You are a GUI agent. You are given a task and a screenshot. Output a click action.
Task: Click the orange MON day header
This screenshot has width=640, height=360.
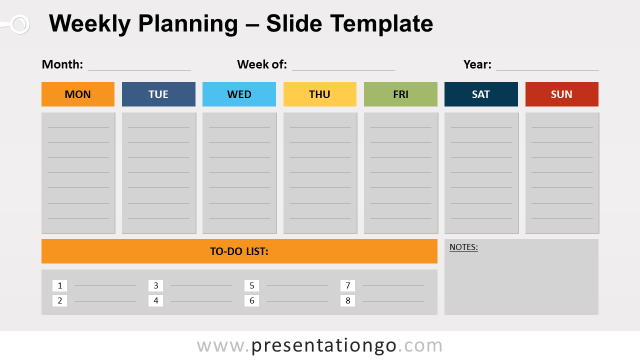click(x=78, y=94)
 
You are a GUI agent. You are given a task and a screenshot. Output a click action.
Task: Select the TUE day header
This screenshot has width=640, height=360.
click(x=158, y=94)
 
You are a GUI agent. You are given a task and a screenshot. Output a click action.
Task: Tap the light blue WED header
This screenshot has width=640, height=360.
click(x=239, y=94)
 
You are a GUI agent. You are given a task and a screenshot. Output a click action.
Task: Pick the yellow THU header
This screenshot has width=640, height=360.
click(x=319, y=94)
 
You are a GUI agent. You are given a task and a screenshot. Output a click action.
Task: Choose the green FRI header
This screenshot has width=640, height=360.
click(x=400, y=94)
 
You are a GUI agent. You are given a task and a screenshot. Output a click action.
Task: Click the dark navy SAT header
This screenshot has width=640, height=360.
click(x=481, y=94)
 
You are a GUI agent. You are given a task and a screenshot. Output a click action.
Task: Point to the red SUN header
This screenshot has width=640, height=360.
click(x=561, y=94)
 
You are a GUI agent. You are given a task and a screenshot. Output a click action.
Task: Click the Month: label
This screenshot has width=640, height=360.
click(x=62, y=64)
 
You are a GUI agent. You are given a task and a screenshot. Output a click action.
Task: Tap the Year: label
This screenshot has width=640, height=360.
click(x=477, y=64)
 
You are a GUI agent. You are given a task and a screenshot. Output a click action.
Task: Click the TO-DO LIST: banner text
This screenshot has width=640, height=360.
click(x=239, y=251)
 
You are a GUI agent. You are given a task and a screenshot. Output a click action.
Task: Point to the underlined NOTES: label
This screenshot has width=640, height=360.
click(x=463, y=247)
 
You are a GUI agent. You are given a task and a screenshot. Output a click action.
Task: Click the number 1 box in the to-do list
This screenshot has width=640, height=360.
click(x=59, y=286)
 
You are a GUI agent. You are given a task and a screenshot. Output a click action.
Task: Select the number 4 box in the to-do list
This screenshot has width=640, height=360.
click(x=155, y=301)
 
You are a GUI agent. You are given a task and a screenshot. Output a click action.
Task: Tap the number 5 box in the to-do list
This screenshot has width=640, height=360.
click(x=251, y=286)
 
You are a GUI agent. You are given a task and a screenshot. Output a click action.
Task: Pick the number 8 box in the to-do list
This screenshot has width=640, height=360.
click(x=347, y=301)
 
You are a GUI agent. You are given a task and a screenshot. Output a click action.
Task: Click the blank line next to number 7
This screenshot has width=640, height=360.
click(x=393, y=285)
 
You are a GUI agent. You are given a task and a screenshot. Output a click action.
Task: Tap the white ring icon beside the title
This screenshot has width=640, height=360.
click(x=19, y=24)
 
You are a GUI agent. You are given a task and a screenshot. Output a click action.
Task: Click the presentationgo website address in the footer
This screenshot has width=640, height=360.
click(x=319, y=345)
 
